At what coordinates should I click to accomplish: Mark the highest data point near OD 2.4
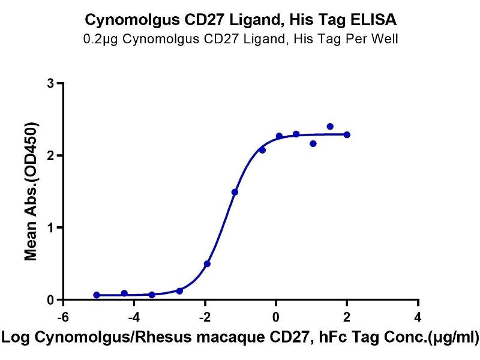click(x=330, y=127)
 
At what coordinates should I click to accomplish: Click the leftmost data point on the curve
click(x=97, y=295)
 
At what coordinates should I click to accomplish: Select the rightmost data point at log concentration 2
click(x=347, y=135)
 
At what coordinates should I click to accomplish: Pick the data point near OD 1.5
click(x=235, y=193)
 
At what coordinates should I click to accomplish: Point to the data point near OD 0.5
click(x=207, y=264)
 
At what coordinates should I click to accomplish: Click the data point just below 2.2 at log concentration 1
click(x=313, y=143)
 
